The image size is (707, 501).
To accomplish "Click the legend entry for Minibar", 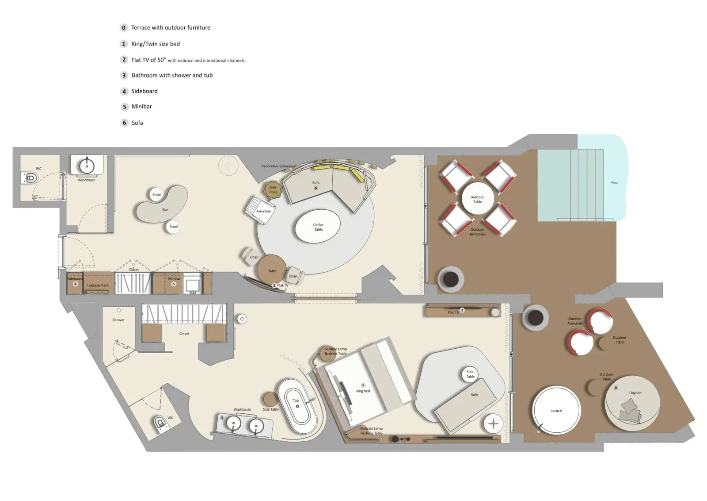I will tap(141, 107).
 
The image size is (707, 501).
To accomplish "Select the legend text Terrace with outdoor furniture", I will tap(171, 27).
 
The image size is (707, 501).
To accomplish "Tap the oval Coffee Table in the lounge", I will tap(318, 227).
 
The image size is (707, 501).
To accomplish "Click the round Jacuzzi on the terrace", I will tap(556, 410).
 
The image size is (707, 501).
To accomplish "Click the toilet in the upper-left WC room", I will tap(30, 178).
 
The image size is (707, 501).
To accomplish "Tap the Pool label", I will tap(615, 182).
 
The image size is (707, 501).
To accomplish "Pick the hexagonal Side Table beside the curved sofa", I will tap(273, 189).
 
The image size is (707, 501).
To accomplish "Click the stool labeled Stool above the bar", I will tap(156, 194).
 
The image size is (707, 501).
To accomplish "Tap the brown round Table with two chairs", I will tap(272, 269).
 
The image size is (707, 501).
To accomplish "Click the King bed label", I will tap(363, 391).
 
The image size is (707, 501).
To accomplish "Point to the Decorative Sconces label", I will tap(276, 166).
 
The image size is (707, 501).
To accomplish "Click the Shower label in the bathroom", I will tap(118, 320).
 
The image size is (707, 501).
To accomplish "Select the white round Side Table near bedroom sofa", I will tap(470, 374).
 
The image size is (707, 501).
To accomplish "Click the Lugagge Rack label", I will tap(98, 285).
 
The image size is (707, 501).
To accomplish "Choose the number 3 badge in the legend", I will tap(124, 75).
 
